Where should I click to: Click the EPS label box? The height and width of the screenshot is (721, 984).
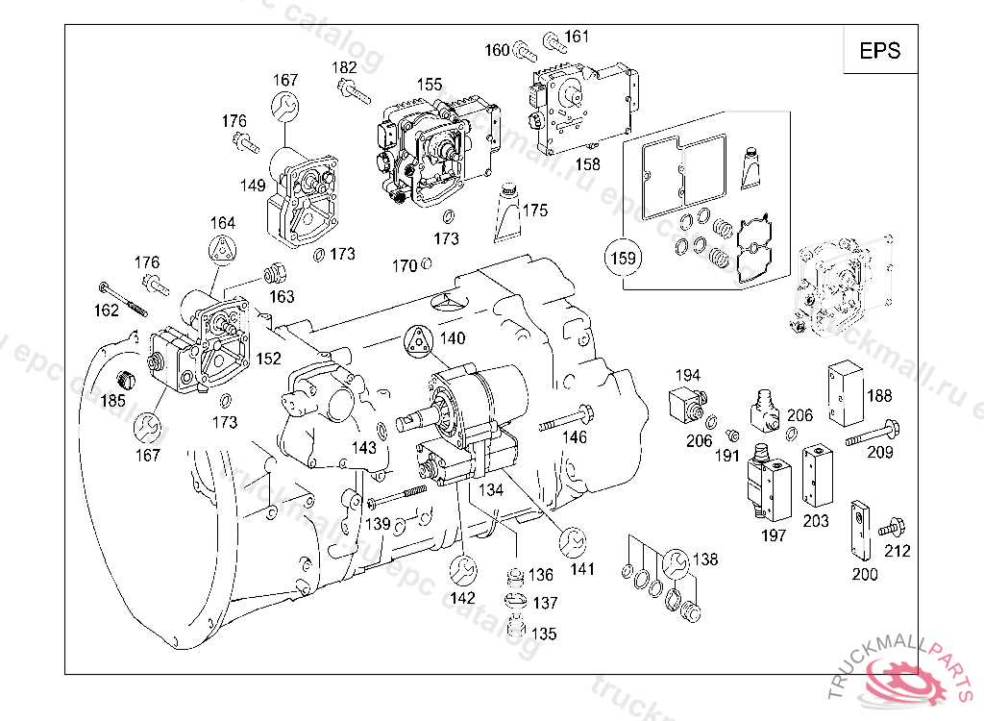(879, 51)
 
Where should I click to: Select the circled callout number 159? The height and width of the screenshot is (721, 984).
(622, 258)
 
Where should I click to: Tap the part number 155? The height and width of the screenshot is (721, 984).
(429, 85)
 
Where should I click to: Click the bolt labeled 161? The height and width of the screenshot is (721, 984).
(554, 41)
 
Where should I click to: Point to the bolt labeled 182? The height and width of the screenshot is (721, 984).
(354, 92)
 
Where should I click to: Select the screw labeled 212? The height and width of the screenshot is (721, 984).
(891, 526)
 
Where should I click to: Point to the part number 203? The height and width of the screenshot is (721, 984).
(816, 521)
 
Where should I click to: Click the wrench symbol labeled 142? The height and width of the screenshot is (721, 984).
(463, 570)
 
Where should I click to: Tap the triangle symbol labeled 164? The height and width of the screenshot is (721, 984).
(222, 246)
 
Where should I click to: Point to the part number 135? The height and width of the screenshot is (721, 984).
(544, 634)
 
